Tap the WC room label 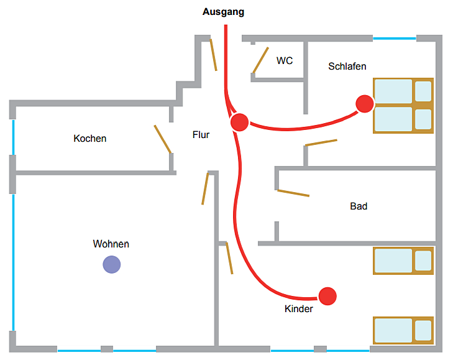285,60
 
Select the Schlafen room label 347,66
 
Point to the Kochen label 90,138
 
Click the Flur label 201,134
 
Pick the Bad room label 359,206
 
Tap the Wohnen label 111,244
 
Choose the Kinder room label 299,309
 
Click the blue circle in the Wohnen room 112,265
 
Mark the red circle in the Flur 240,122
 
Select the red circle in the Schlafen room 365,104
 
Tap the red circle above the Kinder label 327,296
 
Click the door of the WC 260,60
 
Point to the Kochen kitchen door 163,139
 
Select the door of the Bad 293,193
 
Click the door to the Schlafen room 322,142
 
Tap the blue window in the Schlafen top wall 394,39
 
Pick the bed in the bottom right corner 403,330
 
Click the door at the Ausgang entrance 213,55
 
